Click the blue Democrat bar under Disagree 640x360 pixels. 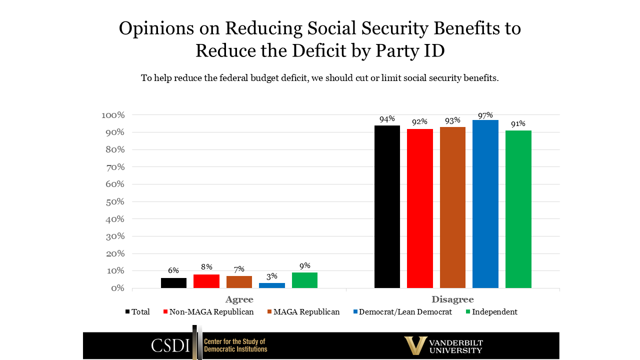485,204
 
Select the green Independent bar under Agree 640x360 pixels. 304,280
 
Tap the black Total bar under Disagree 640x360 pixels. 387,206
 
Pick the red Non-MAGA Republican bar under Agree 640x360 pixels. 206,281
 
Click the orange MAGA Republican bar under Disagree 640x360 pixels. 452,207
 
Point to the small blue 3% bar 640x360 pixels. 272,285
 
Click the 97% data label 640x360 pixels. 485,115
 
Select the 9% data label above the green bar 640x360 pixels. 304,266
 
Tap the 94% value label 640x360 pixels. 387,119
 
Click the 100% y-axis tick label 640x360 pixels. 112,115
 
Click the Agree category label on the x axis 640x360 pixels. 239,299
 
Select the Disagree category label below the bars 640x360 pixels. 452,299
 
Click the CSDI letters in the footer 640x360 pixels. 170,345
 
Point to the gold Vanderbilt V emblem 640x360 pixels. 415,345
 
